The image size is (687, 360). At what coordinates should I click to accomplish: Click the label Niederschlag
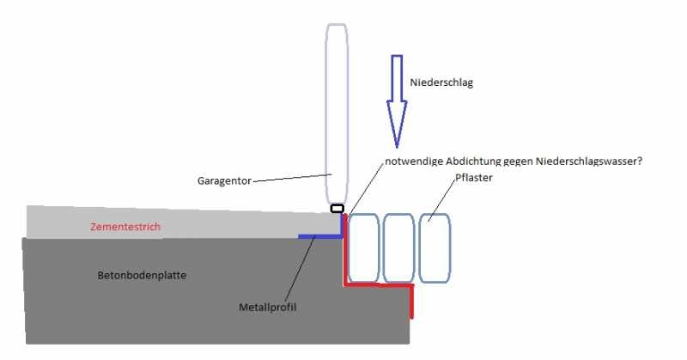click(441, 83)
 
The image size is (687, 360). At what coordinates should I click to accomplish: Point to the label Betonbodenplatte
click(141, 275)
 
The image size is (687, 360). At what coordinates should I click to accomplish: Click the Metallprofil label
click(267, 307)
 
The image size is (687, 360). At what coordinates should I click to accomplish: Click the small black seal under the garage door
click(337, 208)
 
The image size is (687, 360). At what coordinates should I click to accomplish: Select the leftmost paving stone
click(363, 247)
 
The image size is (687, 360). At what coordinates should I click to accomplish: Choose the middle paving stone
click(398, 247)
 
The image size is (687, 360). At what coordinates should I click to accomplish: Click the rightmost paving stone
click(435, 247)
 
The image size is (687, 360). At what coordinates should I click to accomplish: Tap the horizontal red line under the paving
click(379, 284)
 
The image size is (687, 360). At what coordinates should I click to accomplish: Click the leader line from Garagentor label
click(292, 177)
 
